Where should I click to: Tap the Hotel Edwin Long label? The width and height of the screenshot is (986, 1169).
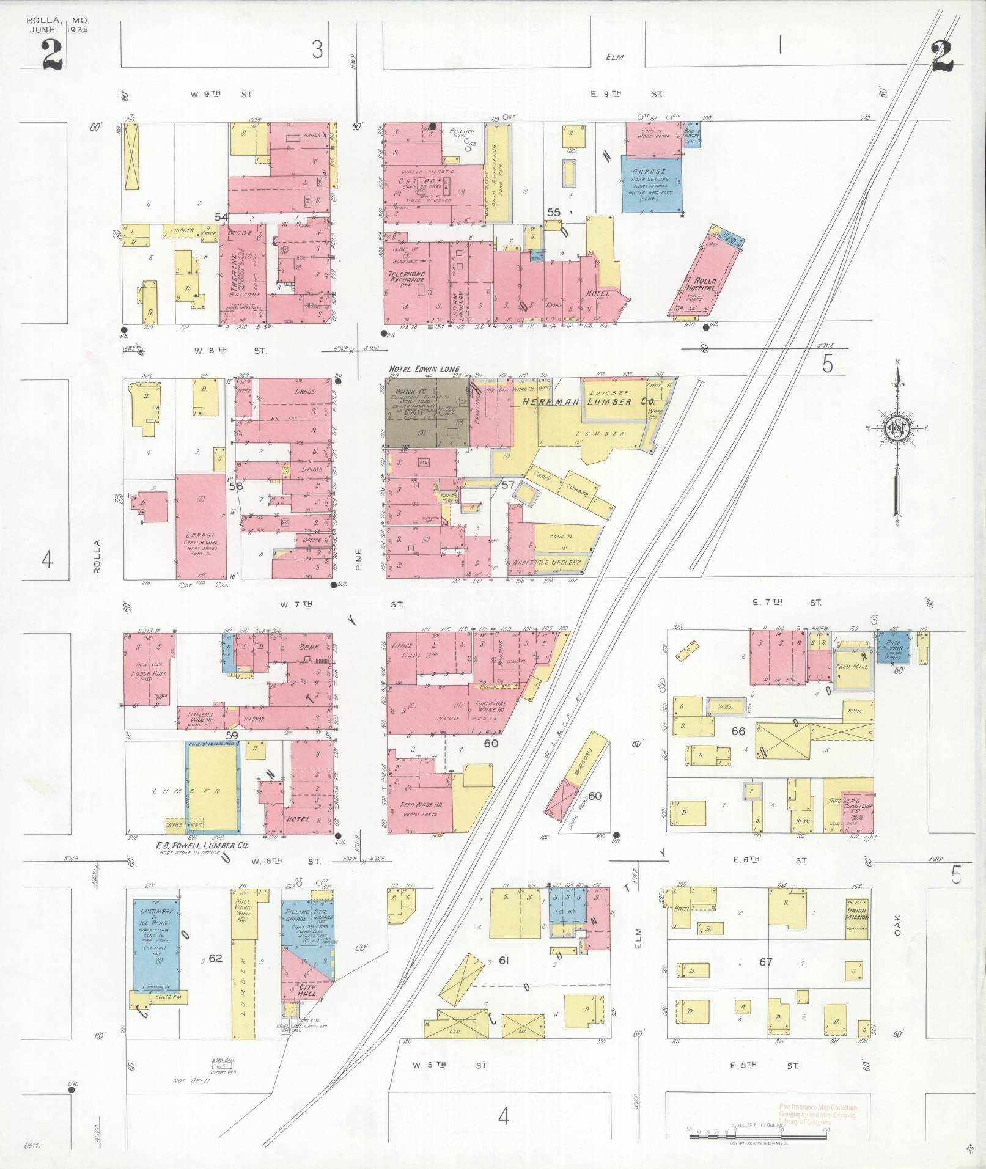pos(424,369)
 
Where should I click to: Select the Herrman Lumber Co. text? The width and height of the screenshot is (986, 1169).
pos(587,401)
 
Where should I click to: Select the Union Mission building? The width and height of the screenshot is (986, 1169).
pos(857,914)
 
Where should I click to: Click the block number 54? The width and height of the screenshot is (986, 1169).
pos(221,217)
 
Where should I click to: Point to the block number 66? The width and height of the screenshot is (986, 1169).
pos(738,731)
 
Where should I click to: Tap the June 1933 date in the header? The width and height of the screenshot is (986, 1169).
pos(57,29)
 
